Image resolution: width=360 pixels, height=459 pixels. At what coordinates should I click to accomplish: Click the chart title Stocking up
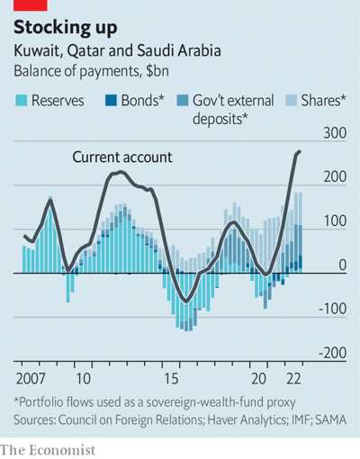click(66, 28)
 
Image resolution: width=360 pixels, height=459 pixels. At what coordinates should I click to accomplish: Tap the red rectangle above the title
click(31, 5)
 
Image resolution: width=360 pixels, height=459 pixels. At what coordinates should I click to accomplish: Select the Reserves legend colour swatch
click(22, 101)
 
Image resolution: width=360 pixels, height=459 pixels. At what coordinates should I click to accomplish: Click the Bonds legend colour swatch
click(111, 101)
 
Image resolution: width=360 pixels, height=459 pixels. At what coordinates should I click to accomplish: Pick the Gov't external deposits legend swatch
click(183, 101)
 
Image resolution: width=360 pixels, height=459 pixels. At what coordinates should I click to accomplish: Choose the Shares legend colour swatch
click(291, 101)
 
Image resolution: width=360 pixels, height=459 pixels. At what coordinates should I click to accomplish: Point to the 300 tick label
click(335, 133)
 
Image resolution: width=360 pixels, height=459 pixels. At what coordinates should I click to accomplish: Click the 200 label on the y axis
click(335, 177)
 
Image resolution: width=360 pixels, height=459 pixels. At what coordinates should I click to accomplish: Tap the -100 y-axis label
click(332, 309)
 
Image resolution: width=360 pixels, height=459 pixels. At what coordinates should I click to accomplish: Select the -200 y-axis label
click(332, 353)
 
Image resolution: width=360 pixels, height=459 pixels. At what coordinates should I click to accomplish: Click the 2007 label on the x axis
click(31, 379)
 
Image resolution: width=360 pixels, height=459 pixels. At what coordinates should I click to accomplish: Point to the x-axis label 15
click(171, 379)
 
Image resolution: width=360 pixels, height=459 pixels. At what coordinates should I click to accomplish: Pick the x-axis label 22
click(293, 379)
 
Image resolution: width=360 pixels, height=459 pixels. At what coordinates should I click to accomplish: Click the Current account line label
click(122, 157)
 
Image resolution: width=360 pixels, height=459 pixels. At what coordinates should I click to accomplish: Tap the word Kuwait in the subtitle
click(39, 51)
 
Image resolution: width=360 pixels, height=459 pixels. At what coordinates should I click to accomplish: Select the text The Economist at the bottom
click(48, 450)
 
